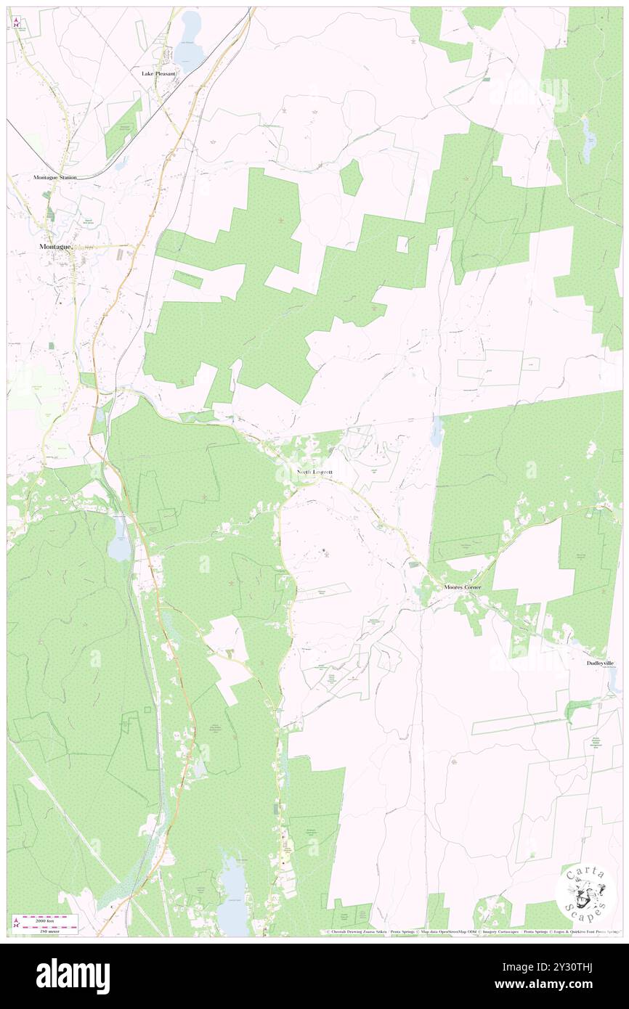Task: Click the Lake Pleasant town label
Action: pos(159,74)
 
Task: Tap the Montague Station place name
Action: pos(54,177)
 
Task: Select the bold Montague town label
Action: pos(54,248)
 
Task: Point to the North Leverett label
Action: pos(315,472)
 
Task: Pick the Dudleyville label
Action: pos(601,663)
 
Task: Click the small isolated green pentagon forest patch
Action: pos(352,177)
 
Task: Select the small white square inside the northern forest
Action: pos(402,245)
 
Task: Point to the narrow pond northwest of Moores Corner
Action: pos(437,432)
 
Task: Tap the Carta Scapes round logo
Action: pos(585,894)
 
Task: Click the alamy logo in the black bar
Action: pos(73,976)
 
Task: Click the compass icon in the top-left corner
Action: pos(16,22)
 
